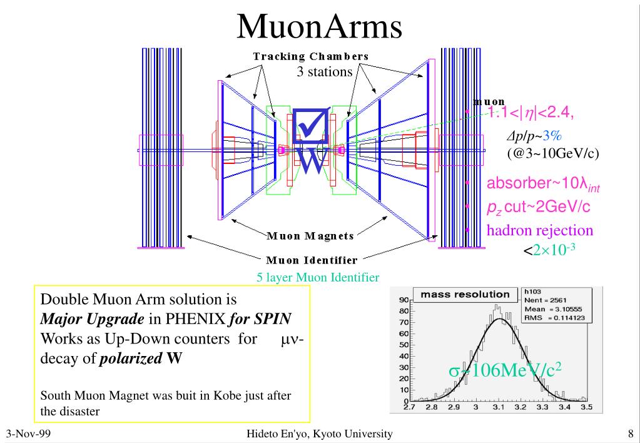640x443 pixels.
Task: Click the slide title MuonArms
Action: click(x=319, y=27)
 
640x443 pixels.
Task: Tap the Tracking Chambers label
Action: click(x=310, y=56)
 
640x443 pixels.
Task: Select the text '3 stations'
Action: click(x=324, y=72)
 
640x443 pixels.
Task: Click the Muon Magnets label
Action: click(x=310, y=236)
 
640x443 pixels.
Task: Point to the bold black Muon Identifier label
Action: click(x=312, y=260)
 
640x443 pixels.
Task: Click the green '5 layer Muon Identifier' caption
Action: click(x=318, y=278)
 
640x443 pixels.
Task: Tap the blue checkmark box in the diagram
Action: click(x=311, y=126)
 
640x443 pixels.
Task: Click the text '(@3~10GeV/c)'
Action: click(x=553, y=153)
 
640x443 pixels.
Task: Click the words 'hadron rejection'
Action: click(x=540, y=230)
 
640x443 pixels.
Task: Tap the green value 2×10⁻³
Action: click(x=554, y=250)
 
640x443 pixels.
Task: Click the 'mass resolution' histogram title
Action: click(x=465, y=294)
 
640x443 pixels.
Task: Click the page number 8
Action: click(x=631, y=434)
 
